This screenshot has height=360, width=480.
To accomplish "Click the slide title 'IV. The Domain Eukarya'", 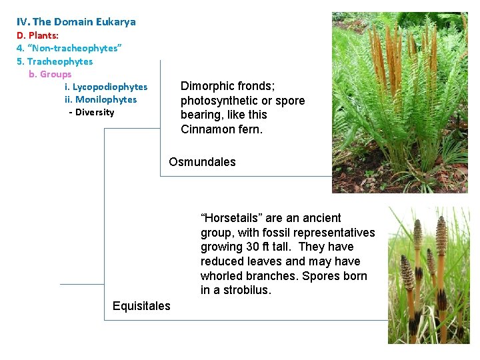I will [x=76, y=22].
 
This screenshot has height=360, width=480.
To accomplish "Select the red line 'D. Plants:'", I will [x=37, y=35].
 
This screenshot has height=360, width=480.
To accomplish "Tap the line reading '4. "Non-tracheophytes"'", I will [x=69, y=48].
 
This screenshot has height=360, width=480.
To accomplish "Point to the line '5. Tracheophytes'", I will [x=55, y=61].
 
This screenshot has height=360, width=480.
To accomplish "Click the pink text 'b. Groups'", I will [x=50, y=74].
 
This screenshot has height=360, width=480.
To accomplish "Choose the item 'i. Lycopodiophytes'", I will [x=106, y=87].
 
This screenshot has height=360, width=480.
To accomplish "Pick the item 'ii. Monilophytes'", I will [x=101, y=99].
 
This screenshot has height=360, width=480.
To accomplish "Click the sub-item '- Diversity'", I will [x=91, y=112].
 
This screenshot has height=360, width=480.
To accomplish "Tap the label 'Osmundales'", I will [x=202, y=162].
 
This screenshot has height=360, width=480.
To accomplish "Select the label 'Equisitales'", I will [x=141, y=306].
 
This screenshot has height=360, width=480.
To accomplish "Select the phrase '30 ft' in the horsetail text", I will [x=259, y=247].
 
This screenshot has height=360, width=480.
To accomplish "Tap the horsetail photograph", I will [x=428, y=275].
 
